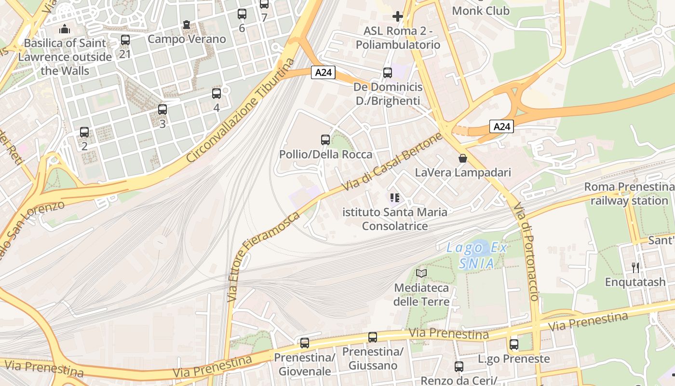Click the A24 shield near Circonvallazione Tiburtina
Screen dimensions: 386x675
click(323, 72)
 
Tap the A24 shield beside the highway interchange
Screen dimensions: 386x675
click(501, 126)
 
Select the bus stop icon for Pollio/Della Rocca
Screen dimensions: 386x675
click(325, 140)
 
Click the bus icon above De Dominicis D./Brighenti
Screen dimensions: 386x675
click(388, 73)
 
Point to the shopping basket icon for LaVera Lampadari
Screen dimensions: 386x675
click(463, 158)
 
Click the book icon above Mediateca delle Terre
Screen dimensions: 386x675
click(421, 274)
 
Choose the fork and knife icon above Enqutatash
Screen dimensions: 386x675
click(635, 267)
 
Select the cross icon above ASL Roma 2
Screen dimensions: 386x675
click(398, 17)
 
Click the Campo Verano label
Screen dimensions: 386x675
click(187, 39)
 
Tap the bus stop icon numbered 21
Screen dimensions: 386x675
click(125, 40)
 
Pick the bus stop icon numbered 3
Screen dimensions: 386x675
click(162, 110)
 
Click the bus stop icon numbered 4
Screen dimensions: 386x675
click(216, 94)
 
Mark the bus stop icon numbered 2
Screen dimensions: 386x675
click(84, 132)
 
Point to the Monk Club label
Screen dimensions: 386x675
click(481, 10)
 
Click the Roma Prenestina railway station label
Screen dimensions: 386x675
click(629, 193)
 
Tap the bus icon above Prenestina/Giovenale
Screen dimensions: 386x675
click(305, 343)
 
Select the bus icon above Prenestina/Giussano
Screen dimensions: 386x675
click(373, 337)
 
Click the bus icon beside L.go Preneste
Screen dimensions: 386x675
click(514, 345)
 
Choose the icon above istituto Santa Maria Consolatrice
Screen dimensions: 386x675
click(395, 197)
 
